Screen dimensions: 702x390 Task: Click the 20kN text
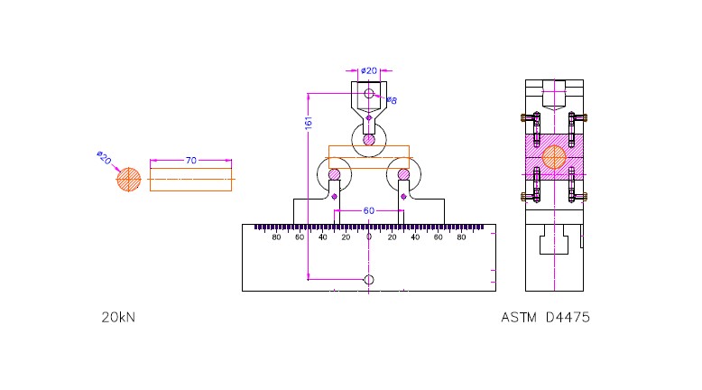(x=118, y=318)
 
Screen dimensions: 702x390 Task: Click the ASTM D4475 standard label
(x=545, y=318)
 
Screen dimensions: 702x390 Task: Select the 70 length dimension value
(x=191, y=161)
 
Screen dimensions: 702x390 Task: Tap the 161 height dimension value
(x=309, y=123)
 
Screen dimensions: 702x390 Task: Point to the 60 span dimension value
(x=368, y=210)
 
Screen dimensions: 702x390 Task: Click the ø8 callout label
(x=392, y=100)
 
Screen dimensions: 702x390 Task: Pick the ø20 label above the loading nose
(x=369, y=70)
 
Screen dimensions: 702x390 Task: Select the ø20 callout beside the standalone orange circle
(x=104, y=158)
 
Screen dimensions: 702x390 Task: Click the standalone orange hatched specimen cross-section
(x=128, y=180)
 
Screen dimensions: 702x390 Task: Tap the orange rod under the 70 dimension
(x=190, y=180)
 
